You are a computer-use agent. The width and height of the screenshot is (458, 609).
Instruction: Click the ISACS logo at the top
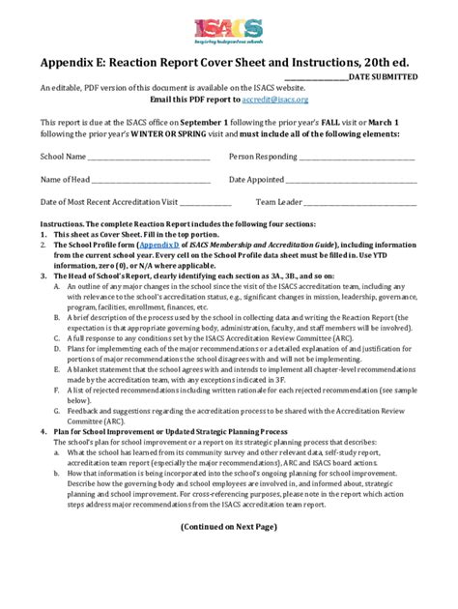[x=228, y=32]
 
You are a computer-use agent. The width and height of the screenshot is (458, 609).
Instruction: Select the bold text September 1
[x=205, y=124]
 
